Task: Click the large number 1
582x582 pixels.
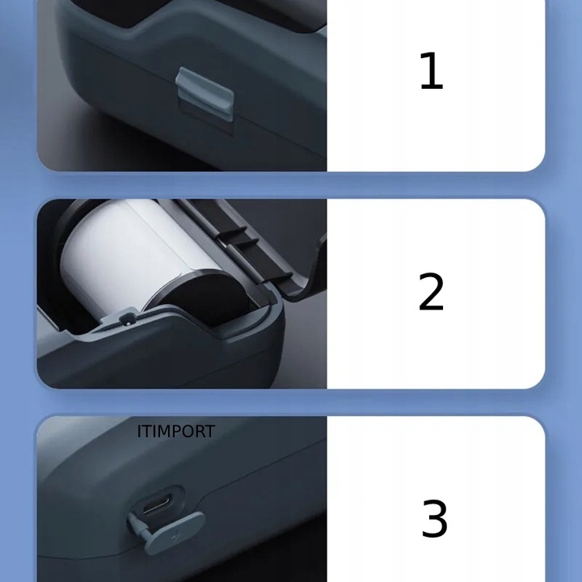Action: (x=431, y=71)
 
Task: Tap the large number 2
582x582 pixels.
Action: (x=431, y=292)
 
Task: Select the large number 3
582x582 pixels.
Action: (x=434, y=519)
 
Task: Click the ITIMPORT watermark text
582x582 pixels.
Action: (x=175, y=432)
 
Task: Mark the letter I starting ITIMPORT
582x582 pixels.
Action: (x=140, y=432)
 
